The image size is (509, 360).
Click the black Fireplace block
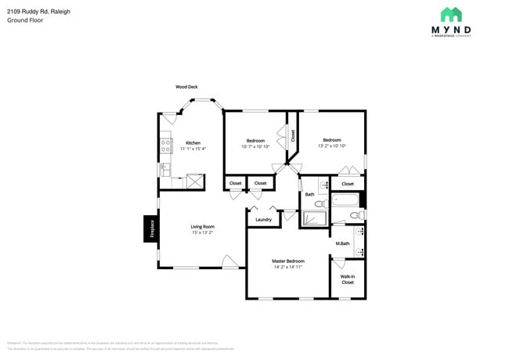pos(150,229)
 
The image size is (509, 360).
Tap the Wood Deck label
pos(186,87)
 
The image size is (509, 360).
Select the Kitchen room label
pos(193,142)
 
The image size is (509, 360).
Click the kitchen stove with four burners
pos(166,146)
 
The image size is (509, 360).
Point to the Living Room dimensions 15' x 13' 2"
pos(202,232)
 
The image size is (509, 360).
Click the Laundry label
pos(264,219)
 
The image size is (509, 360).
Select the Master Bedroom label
pos(288,261)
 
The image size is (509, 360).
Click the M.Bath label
pos(342,243)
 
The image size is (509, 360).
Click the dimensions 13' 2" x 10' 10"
pos(332,146)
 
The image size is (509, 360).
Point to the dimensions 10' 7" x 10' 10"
pos(255,146)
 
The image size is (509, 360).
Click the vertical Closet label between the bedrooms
pos(293,135)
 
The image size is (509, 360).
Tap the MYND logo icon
pos(451,14)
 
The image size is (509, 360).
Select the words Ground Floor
pos(25,20)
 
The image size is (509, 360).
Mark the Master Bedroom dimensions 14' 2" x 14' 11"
pos(288,267)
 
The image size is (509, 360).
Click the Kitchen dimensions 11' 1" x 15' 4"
pos(193,149)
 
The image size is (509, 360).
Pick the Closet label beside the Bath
pos(348,184)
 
